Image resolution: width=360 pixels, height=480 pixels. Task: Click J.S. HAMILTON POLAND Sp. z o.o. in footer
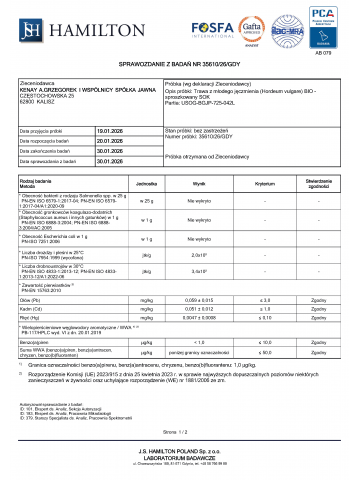[x=180, y=453]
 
